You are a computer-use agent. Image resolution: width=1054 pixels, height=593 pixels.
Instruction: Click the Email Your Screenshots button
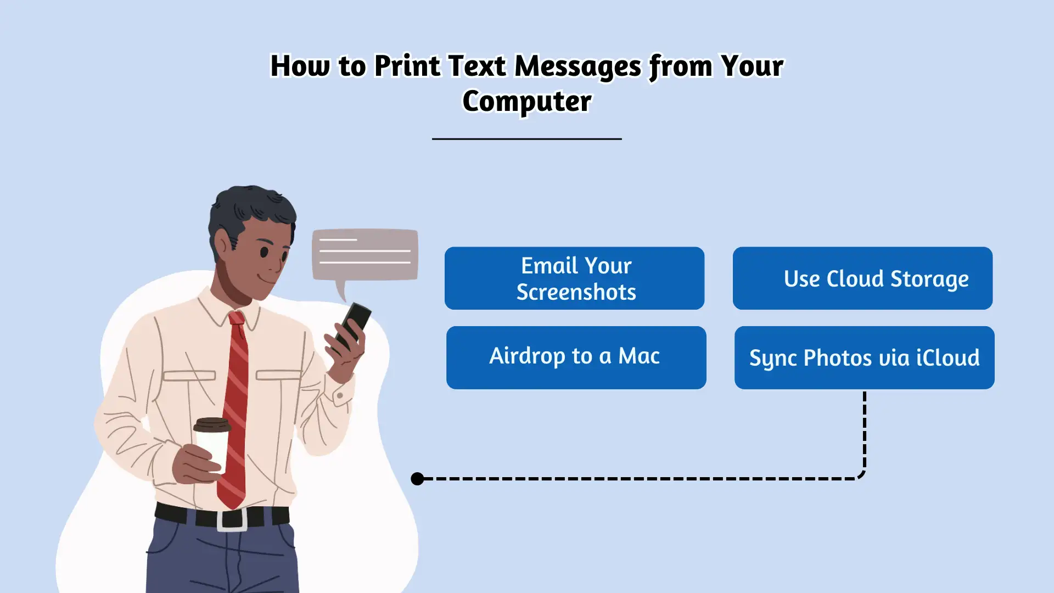pyautogui.click(x=574, y=278)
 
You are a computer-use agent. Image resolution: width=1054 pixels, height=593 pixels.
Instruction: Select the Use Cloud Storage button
pyautogui.click(x=862, y=278)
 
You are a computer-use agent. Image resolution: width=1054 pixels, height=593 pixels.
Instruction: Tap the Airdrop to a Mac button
pyautogui.click(x=576, y=357)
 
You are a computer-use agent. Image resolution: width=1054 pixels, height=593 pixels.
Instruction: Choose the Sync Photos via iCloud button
pyautogui.click(x=864, y=357)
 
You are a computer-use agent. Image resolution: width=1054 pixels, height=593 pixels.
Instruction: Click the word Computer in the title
pyautogui.click(x=527, y=101)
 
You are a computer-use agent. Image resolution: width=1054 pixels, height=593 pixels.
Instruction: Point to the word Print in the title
pyautogui.click(x=407, y=66)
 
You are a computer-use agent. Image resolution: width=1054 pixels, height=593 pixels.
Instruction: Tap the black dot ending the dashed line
pyautogui.click(x=417, y=479)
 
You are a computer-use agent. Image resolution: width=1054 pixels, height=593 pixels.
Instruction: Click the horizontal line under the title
pyautogui.click(x=527, y=139)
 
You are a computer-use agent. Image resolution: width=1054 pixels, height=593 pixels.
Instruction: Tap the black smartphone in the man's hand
pyautogui.click(x=354, y=326)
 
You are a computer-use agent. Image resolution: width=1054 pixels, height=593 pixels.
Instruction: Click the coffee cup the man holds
pyautogui.click(x=212, y=445)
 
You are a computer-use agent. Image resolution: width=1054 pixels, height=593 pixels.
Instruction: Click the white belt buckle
pyautogui.click(x=232, y=520)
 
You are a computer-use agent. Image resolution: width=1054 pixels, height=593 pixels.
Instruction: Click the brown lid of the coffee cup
pyautogui.click(x=212, y=424)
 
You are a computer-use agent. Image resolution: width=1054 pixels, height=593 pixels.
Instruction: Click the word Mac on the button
pyautogui.click(x=639, y=356)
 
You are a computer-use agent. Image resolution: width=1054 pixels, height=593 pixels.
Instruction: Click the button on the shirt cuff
pyautogui.click(x=340, y=395)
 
